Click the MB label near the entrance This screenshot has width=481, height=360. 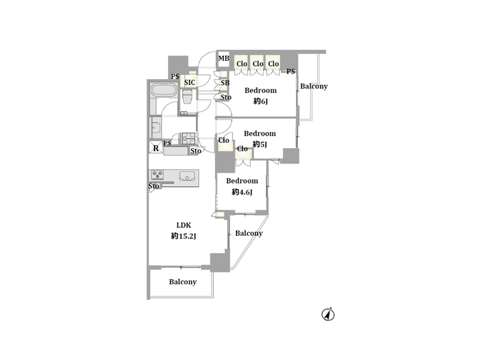point(223,58)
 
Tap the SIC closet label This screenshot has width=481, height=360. point(190,82)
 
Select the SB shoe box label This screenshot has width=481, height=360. point(225,83)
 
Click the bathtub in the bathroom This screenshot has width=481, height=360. point(163,91)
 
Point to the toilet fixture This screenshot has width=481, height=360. point(187,97)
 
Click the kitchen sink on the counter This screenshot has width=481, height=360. point(187,176)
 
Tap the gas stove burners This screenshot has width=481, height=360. point(157,175)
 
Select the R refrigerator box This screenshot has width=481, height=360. point(156,147)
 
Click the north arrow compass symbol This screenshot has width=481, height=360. point(328,314)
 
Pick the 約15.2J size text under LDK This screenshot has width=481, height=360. point(183,236)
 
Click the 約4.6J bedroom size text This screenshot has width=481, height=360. point(242,192)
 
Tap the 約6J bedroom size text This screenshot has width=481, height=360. point(261,101)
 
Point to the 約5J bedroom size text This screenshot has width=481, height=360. point(260,144)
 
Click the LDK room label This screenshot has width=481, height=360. point(183,225)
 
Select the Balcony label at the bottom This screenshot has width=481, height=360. point(183,282)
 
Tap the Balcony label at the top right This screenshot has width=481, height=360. point(314,86)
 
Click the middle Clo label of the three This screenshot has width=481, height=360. point(258,64)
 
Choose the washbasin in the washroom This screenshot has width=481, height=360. point(156,128)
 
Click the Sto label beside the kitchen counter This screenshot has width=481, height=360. point(154,186)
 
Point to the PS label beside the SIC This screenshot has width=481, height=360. point(175,76)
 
